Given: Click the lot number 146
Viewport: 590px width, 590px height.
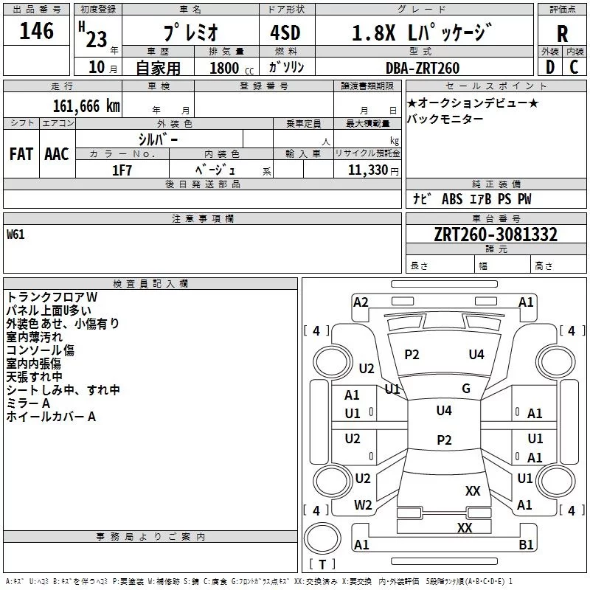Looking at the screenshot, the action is coord(36,31).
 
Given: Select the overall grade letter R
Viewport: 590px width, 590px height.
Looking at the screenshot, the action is coord(562,34).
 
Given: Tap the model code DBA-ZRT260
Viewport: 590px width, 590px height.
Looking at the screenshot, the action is coord(423,68).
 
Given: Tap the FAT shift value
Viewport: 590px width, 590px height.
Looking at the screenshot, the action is coord(21,153).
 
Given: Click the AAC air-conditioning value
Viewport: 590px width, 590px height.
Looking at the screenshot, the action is coord(57,153).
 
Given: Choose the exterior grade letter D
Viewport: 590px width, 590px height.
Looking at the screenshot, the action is coord(549,67).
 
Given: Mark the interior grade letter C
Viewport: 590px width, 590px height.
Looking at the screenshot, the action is coord(574,67).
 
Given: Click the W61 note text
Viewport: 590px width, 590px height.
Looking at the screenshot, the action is coord(15,235).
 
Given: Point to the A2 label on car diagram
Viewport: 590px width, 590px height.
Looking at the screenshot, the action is coord(361,302).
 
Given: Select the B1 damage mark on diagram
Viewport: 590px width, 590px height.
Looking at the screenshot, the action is coord(527,545).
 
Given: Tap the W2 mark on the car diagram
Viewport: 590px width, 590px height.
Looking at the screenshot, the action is coord(363,505).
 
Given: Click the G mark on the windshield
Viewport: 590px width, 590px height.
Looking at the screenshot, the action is coord(466,389).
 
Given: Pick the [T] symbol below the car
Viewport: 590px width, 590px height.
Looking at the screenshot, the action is coord(322,565).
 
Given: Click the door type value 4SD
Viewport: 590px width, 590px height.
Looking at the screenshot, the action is coord(280,34).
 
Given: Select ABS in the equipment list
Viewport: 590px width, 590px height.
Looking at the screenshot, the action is coord(451,199).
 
